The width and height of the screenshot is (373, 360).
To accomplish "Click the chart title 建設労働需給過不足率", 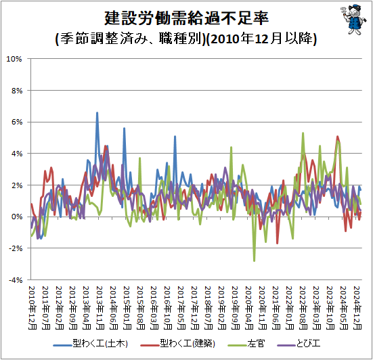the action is click(187, 18).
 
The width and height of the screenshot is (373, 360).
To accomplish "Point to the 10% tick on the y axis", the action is click(14, 59).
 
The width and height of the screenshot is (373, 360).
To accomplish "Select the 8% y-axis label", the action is click(17, 91).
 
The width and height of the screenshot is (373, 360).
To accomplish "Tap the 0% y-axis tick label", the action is click(17, 217).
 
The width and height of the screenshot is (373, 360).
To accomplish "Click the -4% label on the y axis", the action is click(16, 280).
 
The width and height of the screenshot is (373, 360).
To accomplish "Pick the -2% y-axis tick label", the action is click(16, 248).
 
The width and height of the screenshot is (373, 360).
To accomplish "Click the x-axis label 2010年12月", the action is click(32, 308).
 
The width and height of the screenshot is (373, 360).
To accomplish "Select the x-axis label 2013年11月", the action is click(100, 308).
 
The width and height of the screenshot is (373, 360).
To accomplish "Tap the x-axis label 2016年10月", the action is click(168, 308).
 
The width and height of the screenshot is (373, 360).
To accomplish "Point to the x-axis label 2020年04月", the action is click(249, 308).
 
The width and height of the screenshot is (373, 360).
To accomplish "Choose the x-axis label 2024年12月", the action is click(357, 308).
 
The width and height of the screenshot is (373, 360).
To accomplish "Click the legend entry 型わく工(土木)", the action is click(91, 344).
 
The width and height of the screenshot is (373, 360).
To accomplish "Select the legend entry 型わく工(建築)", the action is click(178, 344).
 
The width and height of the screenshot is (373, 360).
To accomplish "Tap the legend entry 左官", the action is click(246, 344).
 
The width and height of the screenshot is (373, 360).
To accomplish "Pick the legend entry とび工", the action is click(299, 344).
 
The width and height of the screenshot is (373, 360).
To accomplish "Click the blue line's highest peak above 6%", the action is click(97, 113).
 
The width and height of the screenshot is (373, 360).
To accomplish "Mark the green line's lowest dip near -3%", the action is click(255, 261).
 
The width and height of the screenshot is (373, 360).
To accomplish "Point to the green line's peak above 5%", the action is click(303, 133).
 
